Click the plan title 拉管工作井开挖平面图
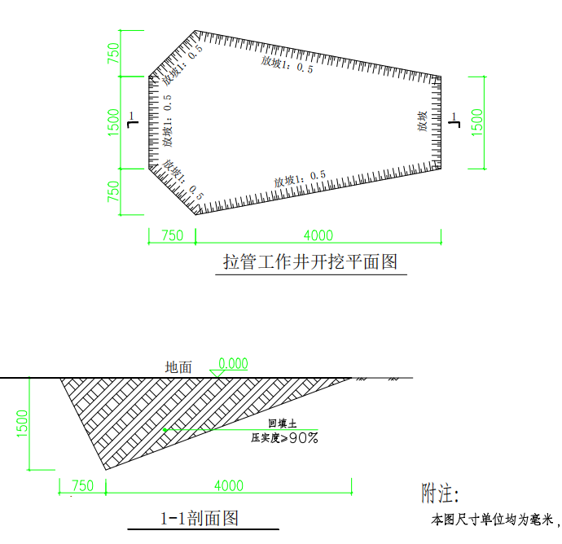(x=310, y=261)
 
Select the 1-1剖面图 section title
(x=200, y=518)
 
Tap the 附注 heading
(x=440, y=494)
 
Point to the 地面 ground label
(x=178, y=367)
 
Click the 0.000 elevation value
(x=233, y=363)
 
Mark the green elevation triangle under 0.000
(x=217, y=374)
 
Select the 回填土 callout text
(x=283, y=423)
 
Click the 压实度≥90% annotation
(x=284, y=438)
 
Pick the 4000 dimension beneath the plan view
(x=318, y=235)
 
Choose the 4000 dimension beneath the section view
(x=229, y=486)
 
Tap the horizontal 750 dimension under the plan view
(x=173, y=235)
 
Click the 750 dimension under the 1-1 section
(x=83, y=486)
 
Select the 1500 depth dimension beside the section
(x=22, y=423)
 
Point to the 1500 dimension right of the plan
(x=477, y=122)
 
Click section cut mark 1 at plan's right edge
(x=454, y=120)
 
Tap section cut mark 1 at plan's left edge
(x=133, y=120)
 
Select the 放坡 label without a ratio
(x=422, y=121)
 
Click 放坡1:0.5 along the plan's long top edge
(x=287, y=64)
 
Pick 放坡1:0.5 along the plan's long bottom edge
(x=300, y=179)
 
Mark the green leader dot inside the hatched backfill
(x=165, y=429)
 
